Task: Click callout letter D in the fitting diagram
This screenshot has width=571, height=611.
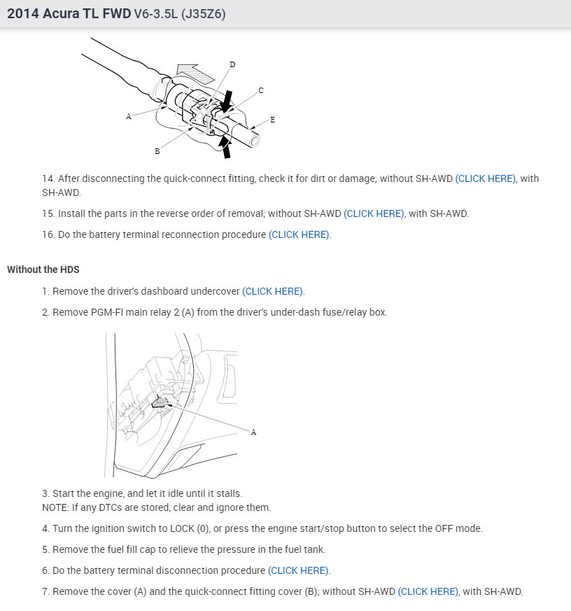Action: (x=232, y=64)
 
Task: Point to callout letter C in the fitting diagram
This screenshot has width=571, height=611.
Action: (x=261, y=90)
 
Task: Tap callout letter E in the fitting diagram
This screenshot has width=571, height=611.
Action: (x=272, y=120)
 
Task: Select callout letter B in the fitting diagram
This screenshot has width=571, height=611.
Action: (x=157, y=150)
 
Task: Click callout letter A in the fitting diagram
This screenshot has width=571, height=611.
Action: (x=129, y=116)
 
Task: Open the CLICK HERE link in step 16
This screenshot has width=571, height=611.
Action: (x=299, y=234)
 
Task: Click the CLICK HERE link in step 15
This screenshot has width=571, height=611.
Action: (x=374, y=213)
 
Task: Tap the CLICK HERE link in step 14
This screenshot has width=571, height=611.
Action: (x=486, y=178)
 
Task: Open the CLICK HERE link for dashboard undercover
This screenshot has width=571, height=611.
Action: (x=273, y=290)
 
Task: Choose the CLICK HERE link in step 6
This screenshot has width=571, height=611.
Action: (x=299, y=570)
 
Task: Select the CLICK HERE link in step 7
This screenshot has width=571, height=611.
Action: (x=428, y=591)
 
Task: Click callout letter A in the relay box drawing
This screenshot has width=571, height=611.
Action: (x=253, y=432)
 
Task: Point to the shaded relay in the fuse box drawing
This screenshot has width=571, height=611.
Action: (x=160, y=402)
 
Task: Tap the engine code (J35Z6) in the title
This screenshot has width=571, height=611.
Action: (x=203, y=14)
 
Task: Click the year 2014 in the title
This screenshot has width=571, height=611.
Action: (x=22, y=14)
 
